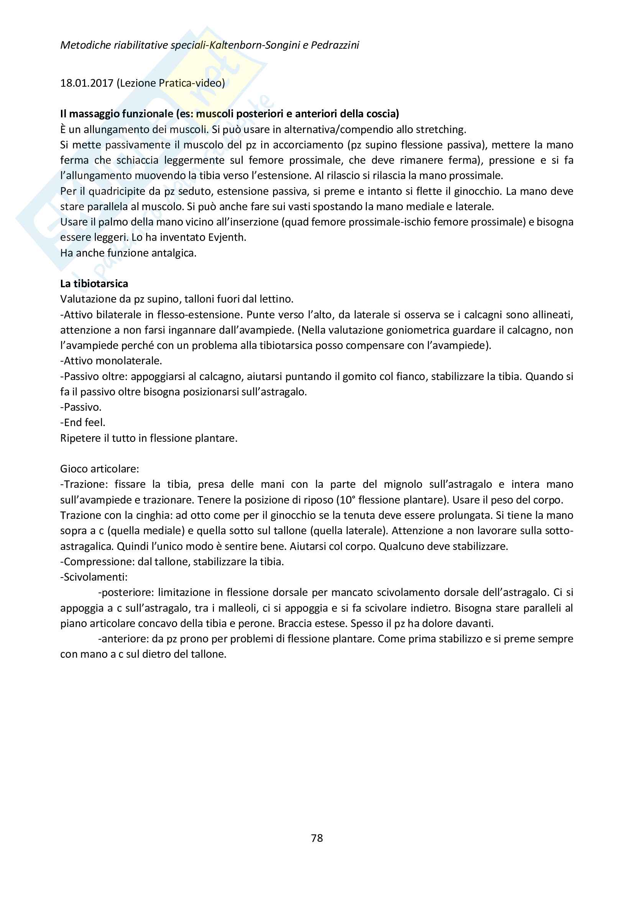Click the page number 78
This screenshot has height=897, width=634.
[317, 838]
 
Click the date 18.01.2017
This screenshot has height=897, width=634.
[87, 83]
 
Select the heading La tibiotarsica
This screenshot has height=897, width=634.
[94, 284]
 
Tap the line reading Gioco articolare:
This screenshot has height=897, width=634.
[100, 469]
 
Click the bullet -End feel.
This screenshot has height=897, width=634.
[83, 423]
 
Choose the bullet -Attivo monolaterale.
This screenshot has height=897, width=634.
[111, 361]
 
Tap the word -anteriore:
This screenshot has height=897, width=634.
[123, 639]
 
